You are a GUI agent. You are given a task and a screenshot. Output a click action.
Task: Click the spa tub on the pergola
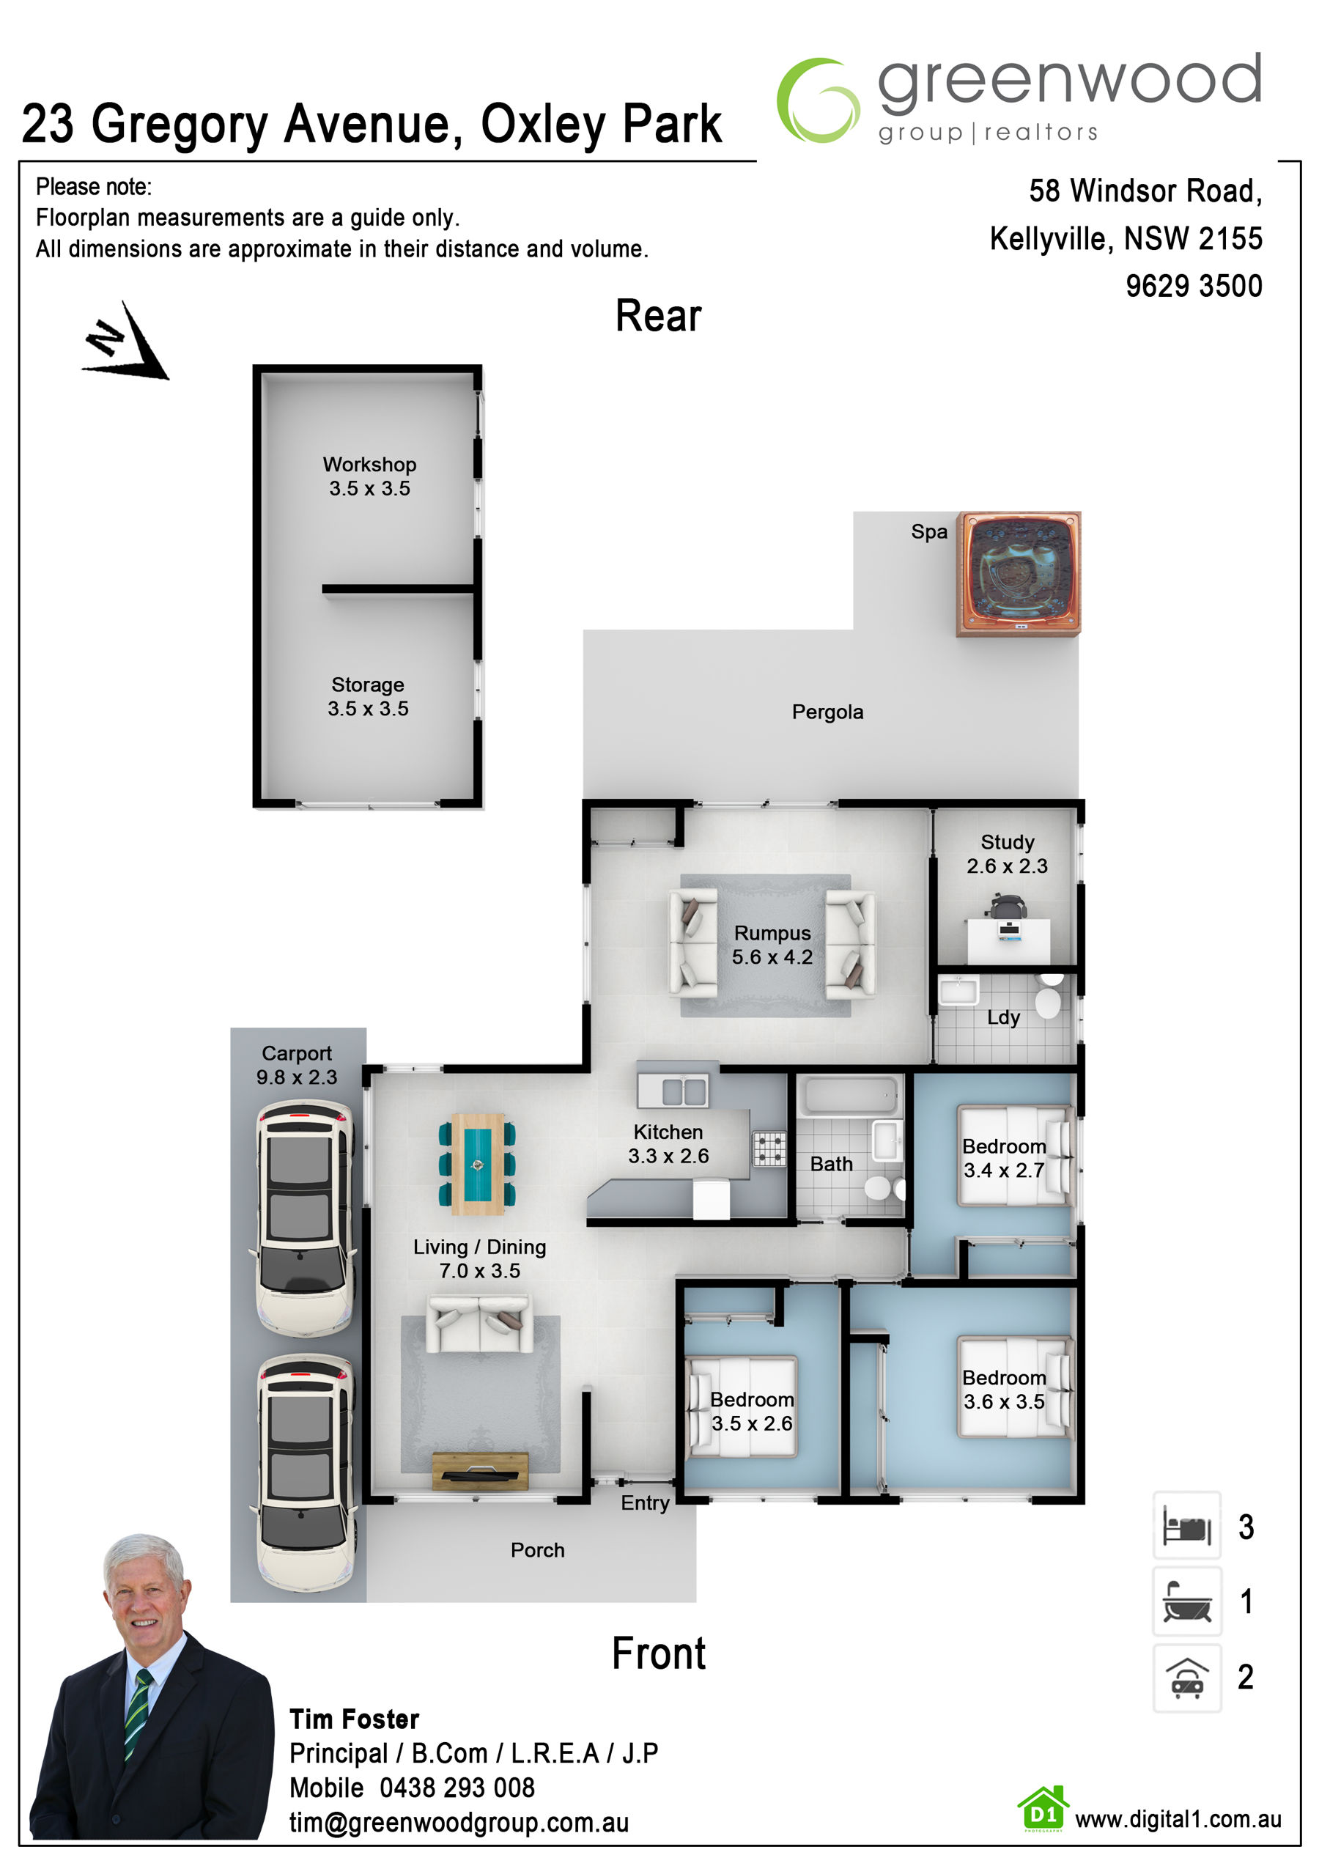coord(1019,574)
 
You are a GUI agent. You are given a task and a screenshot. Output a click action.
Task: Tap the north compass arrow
coord(126,342)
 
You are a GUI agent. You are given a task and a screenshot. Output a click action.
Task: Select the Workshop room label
coord(369,464)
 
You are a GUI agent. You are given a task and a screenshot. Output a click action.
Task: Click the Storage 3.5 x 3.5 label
coord(368,696)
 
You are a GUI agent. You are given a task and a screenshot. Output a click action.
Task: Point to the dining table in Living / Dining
coord(477,1164)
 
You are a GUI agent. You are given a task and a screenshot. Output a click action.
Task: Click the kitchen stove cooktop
coord(769,1149)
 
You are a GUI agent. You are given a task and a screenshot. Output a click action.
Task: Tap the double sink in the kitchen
coord(672,1091)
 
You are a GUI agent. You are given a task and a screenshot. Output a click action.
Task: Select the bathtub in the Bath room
coord(850,1096)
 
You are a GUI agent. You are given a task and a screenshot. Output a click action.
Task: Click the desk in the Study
coord(1008,941)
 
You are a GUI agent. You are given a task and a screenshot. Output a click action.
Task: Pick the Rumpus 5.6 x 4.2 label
coord(772,945)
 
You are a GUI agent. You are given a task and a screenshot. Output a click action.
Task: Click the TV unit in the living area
coord(479,1471)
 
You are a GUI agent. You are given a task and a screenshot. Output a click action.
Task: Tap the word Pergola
coord(827,712)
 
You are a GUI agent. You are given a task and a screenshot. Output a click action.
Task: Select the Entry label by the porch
coord(646,1502)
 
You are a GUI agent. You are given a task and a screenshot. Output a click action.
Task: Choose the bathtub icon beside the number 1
coord(1186,1601)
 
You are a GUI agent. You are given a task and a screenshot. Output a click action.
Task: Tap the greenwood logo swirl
coord(818,100)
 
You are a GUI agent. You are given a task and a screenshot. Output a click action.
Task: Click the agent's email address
coord(459,1822)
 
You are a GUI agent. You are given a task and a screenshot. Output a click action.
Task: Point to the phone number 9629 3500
coord(1193,286)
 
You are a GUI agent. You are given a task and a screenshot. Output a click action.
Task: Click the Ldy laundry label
coord(1003,1017)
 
